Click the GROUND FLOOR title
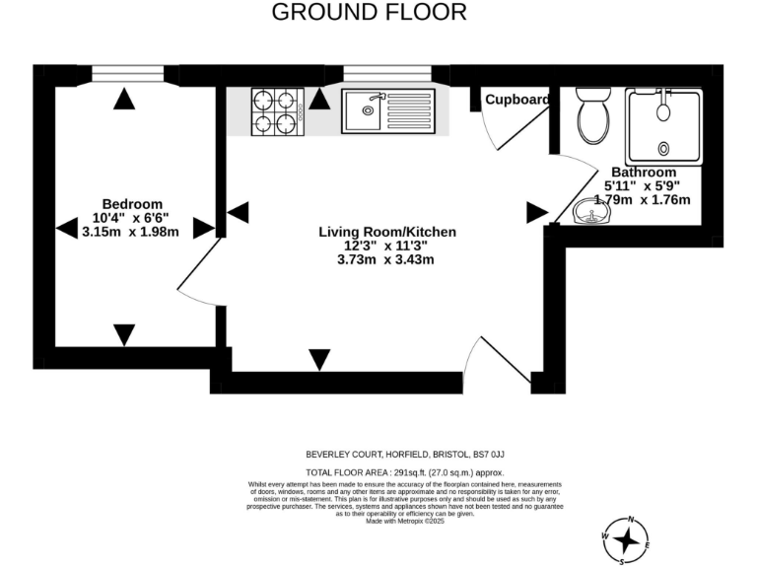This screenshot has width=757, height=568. pos(369,13)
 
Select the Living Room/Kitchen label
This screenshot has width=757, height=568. pos(387,232)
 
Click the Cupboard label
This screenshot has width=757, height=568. pos(516,100)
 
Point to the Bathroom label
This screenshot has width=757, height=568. pos(644,172)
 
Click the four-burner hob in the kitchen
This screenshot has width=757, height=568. pos(276,110)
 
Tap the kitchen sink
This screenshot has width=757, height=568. pos(386,110)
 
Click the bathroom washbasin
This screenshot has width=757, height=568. pos(590,210)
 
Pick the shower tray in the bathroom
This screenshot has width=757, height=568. pos(665,125)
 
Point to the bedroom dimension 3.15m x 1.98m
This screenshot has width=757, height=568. pos(131,232)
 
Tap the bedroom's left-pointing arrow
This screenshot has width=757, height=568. pos(66,229)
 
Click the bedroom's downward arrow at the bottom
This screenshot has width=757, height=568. pos(123,334)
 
